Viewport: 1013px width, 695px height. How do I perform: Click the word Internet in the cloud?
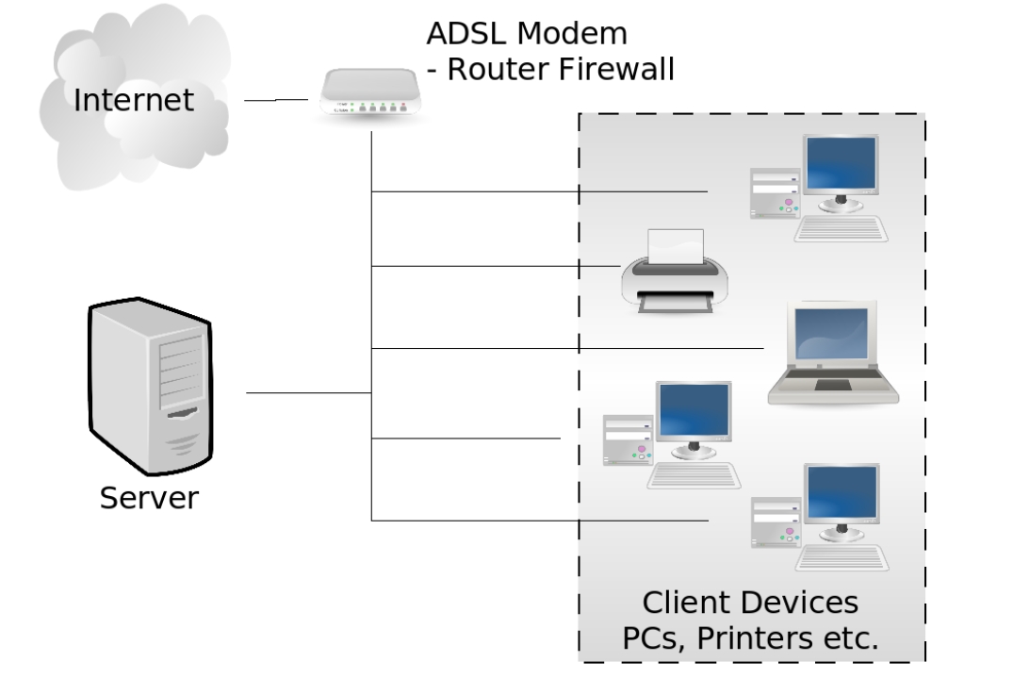pos(134,100)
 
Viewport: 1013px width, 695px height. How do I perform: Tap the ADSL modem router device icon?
pos(370,92)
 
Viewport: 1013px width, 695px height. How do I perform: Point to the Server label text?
pos(149,498)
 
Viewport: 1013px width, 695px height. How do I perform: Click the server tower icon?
pos(151,386)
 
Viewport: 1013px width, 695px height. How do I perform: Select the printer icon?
pos(675,272)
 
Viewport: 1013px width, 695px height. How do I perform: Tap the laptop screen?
pos(831,334)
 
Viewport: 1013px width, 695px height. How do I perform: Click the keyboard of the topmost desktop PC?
pos(841,229)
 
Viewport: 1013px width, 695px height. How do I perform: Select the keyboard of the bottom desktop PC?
pos(841,558)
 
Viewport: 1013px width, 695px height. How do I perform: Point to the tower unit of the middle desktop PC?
pos(628,440)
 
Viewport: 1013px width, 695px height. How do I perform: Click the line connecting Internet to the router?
pos(276,100)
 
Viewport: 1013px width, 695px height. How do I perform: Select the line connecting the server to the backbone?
pos(309,392)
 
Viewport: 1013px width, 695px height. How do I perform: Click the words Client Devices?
pos(750,603)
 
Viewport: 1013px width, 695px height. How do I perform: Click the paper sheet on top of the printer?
pos(676,246)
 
